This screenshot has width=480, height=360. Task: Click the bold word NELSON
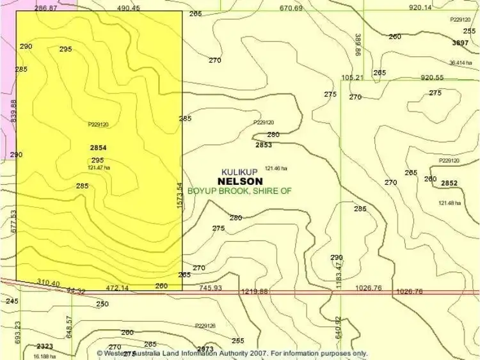(x=240, y=181)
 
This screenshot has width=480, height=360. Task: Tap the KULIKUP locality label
(x=239, y=172)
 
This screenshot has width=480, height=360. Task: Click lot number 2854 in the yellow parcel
(x=98, y=148)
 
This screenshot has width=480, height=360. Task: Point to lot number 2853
(x=264, y=145)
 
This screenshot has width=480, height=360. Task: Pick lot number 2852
(x=449, y=183)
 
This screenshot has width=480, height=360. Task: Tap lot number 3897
(x=460, y=43)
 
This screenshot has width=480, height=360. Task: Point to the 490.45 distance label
(x=129, y=8)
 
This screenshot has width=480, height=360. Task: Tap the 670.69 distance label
(x=291, y=8)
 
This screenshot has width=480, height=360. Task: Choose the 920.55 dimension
(x=432, y=77)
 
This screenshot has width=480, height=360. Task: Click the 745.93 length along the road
(x=210, y=288)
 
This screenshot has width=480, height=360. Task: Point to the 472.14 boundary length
(x=117, y=288)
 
